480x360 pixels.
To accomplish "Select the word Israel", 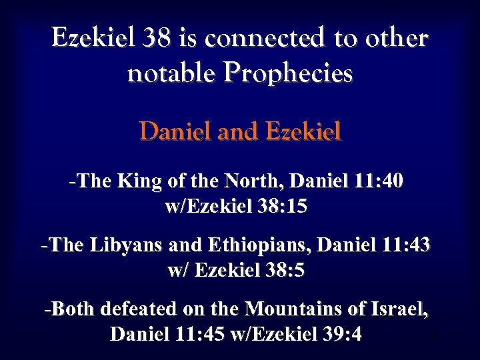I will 401,309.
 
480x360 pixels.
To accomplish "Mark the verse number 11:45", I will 202,334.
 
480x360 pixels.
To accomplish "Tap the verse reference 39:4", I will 339,334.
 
